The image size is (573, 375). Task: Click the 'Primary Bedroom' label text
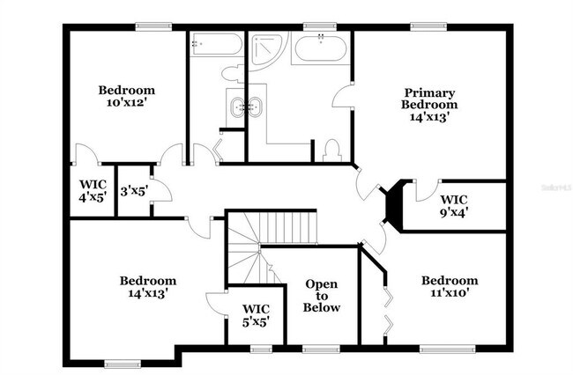pyautogui.click(x=430, y=99)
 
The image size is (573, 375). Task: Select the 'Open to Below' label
pyautogui.click(x=322, y=296)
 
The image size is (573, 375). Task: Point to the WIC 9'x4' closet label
pyautogui.click(x=456, y=205)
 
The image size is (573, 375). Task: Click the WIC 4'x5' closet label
pyautogui.click(x=93, y=190)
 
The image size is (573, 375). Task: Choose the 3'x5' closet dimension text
pyautogui.click(x=133, y=190)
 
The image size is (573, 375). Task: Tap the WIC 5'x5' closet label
pyautogui.click(x=256, y=315)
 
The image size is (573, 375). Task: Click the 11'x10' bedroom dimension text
pyautogui.click(x=449, y=294)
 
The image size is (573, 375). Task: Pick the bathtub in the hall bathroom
pyautogui.click(x=214, y=44)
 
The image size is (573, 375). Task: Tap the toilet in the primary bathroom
pyautogui.click(x=332, y=151)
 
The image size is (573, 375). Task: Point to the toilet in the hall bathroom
pyautogui.click(x=232, y=73)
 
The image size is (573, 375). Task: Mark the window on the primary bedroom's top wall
pyautogui.click(x=425, y=26)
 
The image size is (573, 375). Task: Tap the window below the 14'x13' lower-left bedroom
pyautogui.click(x=123, y=363)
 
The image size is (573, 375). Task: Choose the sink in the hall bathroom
pyautogui.click(x=238, y=107)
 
